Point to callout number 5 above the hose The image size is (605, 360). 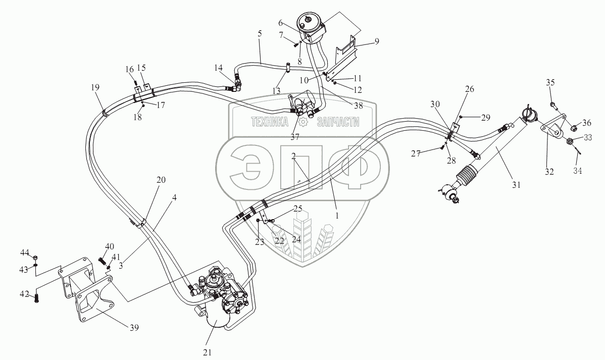(259, 34)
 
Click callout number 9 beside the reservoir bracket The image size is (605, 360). (376, 41)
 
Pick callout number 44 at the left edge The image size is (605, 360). (25, 251)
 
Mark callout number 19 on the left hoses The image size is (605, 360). (95, 87)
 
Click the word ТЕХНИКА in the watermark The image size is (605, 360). (270, 122)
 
